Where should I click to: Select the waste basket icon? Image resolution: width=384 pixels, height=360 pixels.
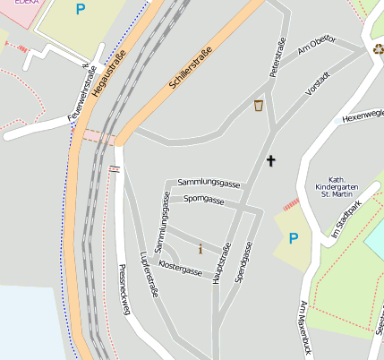click(x=259, y=106)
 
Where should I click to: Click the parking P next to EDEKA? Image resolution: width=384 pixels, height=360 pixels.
click(x=81, y=10)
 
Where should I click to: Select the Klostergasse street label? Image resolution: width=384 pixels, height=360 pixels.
click(x=181, y=267)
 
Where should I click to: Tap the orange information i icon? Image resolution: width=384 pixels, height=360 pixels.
click(x=201, y=249)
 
